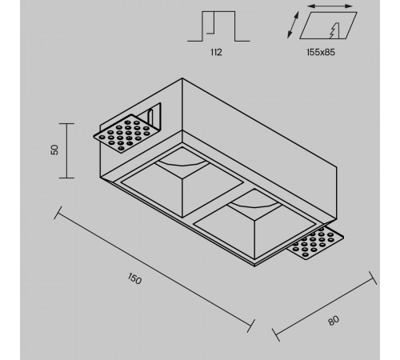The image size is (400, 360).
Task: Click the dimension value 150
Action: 134,278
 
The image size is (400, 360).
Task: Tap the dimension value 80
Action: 334,320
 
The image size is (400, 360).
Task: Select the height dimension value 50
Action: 54,150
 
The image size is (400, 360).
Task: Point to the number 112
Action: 216,52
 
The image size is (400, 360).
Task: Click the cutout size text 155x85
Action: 321,52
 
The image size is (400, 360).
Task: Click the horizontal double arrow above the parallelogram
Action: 330,6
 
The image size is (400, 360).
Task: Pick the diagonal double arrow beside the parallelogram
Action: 293,25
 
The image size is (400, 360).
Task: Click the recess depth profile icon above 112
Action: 218,26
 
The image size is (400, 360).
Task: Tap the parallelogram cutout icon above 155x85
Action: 328,26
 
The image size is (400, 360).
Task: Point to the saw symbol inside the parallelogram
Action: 334,30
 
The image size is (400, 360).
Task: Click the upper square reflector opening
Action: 182,182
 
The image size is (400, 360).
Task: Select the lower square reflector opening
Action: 255,224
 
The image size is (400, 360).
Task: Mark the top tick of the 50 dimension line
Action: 66,124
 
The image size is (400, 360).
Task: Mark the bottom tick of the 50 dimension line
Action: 66,178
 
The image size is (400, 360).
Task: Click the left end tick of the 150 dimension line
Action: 58,213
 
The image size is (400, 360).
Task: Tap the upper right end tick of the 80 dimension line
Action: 373,278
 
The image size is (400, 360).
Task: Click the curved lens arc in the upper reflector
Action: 182,164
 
